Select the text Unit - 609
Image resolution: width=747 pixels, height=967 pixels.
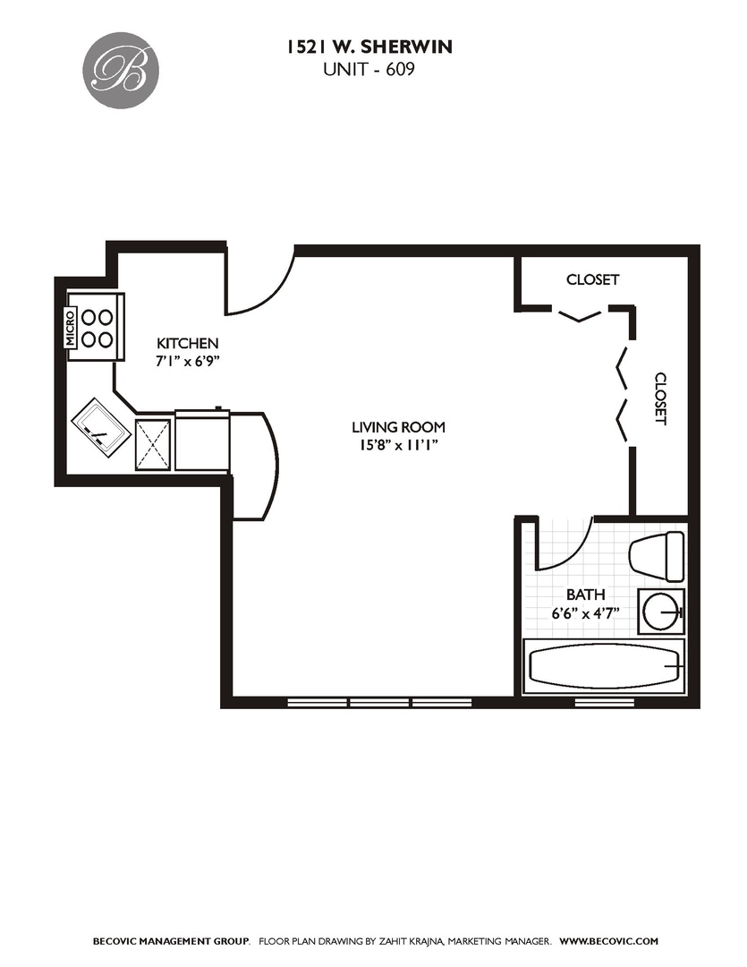(x=369, y=70)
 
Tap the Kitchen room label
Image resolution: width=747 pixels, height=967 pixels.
(x=188, y=343)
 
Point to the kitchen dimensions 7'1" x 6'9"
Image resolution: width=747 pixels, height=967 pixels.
(x=188, y=362)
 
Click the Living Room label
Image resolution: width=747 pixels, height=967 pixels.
(x=398, y=427)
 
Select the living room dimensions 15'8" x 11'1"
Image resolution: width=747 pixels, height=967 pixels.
(x=398, y=445)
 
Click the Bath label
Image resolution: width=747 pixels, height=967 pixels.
(x=585, y=595)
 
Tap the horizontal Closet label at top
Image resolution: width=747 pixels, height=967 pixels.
(x=592, y=279)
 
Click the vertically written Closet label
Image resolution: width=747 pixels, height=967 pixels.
(x=660, y=398)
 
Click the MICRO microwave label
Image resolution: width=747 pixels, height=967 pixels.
(x=71, y=329)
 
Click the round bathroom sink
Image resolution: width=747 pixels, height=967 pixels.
(x=661, y=612)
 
